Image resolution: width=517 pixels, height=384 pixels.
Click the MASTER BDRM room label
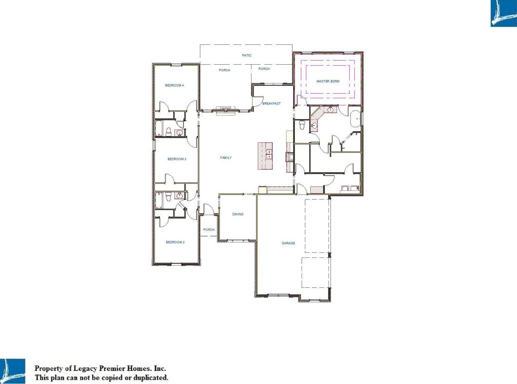(x=328, y=81)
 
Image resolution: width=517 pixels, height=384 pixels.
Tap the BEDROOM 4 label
(x=174, y=85)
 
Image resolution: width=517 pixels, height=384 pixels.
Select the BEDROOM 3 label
(x=177, y=159)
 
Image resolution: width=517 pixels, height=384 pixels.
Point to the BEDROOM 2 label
(x=175, y=242)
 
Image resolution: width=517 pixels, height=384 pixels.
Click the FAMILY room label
(x=226, y=158)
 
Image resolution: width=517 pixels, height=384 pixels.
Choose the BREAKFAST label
(x=271, y=104)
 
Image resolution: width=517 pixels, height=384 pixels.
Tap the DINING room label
(x=238, y=214)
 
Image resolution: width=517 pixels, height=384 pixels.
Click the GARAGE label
(x=288, y=243)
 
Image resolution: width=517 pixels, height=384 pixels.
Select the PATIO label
(x=247, y=55)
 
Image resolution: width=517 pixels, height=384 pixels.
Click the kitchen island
(x=265, y=156)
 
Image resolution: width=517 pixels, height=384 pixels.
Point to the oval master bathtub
(x=356, y=119)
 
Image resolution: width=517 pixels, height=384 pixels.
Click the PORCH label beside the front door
(x=209, y=230)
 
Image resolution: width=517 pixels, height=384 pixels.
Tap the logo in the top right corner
(x=504, y=13)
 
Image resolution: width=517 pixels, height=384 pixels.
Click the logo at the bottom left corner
(x=12, y=371)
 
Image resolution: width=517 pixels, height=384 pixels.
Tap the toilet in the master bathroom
(x=302, y=125)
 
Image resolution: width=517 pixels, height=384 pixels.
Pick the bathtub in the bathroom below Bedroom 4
(x=159, y=128)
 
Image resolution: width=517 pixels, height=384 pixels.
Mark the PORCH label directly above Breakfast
(x=264, y=69)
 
